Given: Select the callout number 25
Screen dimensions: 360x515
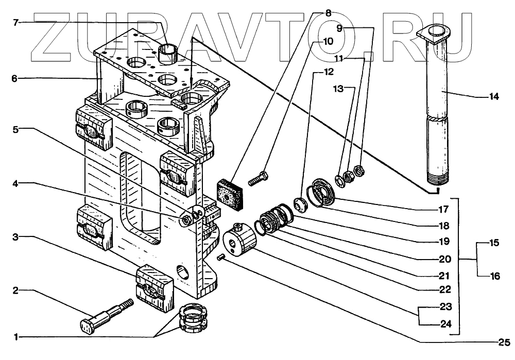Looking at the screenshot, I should (x=503, y=341).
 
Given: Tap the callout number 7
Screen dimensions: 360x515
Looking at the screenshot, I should (x=15, y=22).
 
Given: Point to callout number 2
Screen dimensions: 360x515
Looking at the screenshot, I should (x=15, y=290).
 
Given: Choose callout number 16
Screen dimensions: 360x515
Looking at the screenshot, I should (x=494, y=276).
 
